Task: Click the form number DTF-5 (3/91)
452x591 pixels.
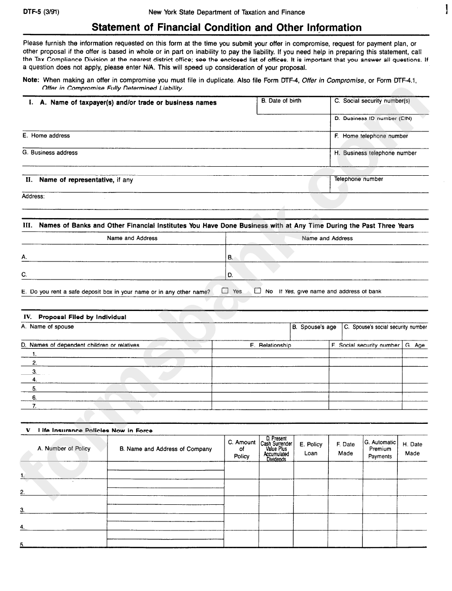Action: (x=41, y=12)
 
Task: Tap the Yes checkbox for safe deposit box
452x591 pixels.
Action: (x=225, y=290)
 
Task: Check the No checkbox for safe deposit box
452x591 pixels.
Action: (x=257, y=290)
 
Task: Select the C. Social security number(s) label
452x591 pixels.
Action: (x=372, y=101)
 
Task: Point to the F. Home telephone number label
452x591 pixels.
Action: (x=371, y=136)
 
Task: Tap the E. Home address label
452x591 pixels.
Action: (x=46, y=136)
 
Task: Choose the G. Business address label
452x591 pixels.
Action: (x=49, y=153)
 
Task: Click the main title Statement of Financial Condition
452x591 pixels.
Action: (x=226, y=28)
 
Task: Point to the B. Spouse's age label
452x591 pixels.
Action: (x=314, y=327)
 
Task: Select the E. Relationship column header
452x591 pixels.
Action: (x=270, y=345)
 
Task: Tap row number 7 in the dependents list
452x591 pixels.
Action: (x=34, y=406)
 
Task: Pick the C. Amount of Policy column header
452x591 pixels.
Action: (x=242, y=449)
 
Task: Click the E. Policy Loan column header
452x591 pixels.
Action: (x=311, y=449)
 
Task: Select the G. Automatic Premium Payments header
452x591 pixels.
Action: (x=380, y=449)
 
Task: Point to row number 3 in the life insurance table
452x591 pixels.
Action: (x=22, y=510)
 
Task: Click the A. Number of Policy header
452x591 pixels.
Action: (x=64, y=449)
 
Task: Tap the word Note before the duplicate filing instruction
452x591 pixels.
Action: (x=31, y=80)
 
